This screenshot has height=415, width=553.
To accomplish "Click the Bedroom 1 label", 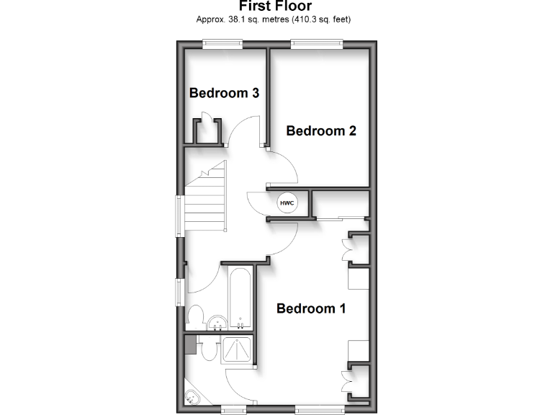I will [x=311, y=308].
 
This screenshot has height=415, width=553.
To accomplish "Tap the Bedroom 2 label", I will [x=321, y=131].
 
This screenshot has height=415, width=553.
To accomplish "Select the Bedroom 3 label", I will [x=224, y=93].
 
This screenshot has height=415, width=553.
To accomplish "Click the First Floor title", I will [x=276, y=6].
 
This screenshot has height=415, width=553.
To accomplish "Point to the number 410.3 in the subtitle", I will [x=307, y=19].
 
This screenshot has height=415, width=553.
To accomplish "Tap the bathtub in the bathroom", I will [x=240, y=297].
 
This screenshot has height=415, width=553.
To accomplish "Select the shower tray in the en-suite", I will [x=238, y=349].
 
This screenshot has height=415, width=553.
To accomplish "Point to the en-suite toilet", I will [x=209, y=350].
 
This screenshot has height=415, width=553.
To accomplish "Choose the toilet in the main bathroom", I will [x=195, y=316].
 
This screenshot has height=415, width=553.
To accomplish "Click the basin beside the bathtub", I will [x=217, y=320].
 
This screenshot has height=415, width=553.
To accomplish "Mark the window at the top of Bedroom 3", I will [x=222, y=44].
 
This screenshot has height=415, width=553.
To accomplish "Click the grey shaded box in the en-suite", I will [x=190, y=344].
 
